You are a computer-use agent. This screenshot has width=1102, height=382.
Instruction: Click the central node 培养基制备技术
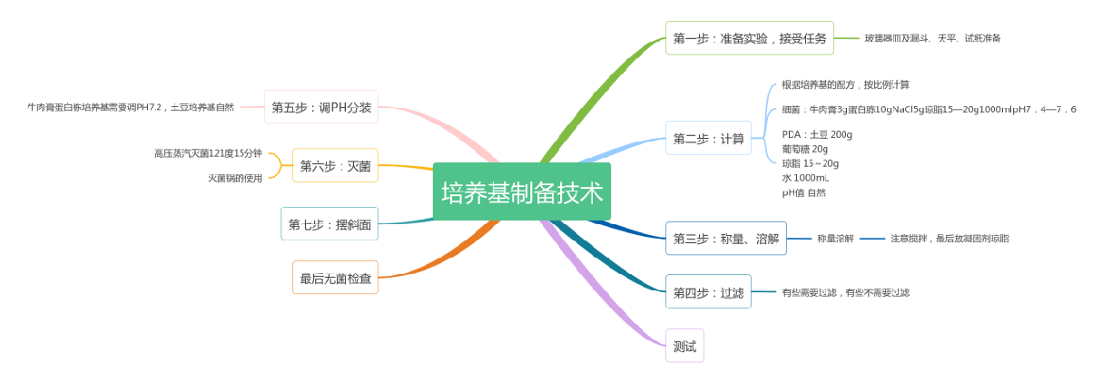[522, 191]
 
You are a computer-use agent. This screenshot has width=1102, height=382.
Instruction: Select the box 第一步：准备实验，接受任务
[749, 38]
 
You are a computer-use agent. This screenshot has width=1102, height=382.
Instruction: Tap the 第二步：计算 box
[708, 138]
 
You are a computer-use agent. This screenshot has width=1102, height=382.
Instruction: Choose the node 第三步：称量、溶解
[725, 239]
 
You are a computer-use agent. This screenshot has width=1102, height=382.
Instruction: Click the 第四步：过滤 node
[708, 292]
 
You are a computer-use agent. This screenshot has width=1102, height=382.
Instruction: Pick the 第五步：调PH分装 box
[321, 107]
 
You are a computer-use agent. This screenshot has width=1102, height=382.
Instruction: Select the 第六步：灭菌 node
[335, 166]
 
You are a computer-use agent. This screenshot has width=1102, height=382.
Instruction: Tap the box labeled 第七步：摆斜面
[330, 224]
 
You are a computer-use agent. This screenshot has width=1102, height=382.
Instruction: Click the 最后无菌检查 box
[335, 278]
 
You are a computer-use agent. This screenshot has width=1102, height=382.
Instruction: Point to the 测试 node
[684, 346]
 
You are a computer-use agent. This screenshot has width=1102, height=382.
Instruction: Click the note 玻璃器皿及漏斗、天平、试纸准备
[932, 38]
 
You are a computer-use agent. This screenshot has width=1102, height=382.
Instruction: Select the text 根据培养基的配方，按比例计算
[845, 85]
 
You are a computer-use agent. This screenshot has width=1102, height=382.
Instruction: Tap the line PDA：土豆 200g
[817, 134]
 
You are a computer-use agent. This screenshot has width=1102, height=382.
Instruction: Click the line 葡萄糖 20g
[804, 149]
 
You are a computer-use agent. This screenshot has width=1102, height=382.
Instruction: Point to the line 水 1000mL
[805, 178]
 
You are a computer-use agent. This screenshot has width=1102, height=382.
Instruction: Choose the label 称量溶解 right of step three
[835, 239]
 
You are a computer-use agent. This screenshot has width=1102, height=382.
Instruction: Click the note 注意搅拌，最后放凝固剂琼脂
[949, 239]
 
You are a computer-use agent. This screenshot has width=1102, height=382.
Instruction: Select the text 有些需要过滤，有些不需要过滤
[845, 292]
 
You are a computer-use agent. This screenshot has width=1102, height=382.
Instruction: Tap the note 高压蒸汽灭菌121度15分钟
[208, 153]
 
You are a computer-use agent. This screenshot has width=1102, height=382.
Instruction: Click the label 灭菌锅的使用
[235, 178]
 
